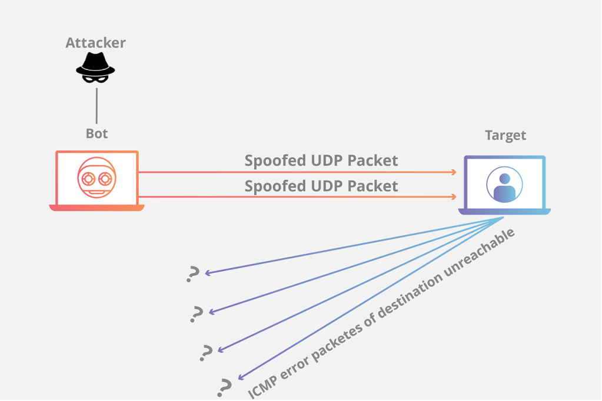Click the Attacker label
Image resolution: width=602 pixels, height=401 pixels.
coord(95,43)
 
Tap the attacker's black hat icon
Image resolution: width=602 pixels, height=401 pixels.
coord(95,67)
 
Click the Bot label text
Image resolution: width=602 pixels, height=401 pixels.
coord(97,133)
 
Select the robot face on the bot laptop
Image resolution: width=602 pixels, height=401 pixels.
coord(97,178)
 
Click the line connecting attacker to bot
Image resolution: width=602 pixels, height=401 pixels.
coord(97,105)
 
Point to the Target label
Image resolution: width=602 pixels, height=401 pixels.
coord(505,135)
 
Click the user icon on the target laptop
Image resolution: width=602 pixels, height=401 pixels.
coord(505,185)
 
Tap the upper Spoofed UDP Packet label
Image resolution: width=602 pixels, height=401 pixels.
coord(321,160)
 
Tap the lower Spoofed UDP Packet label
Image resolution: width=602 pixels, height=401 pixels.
coord(321,186)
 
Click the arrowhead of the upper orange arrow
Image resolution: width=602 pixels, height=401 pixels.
coord(454,172)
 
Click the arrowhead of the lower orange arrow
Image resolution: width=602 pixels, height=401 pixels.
coord(454,197)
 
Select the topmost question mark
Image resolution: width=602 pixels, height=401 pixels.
coord(193,274)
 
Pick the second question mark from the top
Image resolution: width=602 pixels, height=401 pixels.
coord(197,314)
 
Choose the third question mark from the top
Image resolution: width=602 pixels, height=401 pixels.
coord(206,352)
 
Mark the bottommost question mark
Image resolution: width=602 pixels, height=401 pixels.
coord(224,387)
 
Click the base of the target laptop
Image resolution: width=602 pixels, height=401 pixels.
coord(504,212)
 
